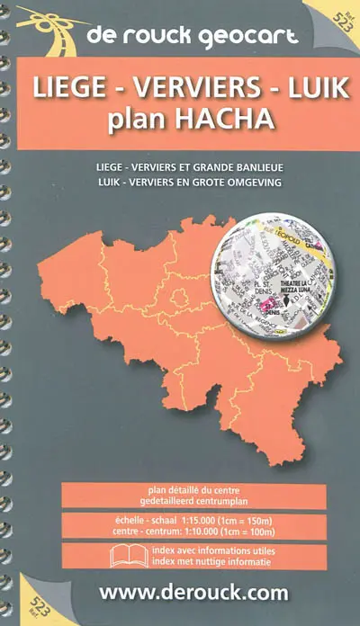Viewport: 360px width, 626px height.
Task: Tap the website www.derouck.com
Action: click(193, 593)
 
